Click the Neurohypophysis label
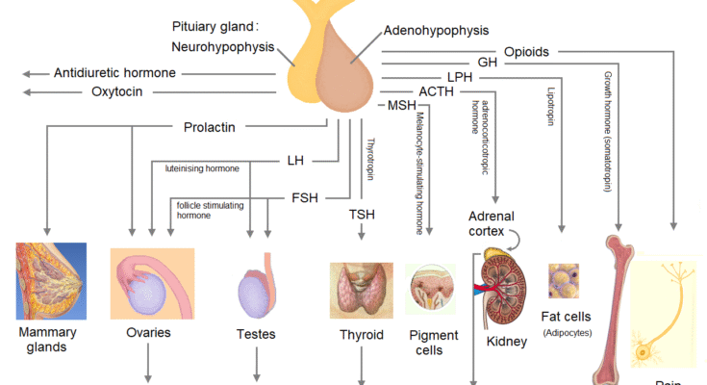pos(223,45)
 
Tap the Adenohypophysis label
pos(436,31)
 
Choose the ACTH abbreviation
pos(409,91)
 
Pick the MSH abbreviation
pos(400,105)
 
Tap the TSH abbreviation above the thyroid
pos(362,214)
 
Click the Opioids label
pos(526,51)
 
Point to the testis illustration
pos(257,291)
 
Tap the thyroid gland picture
pos(361,290)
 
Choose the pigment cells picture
pos(429,291)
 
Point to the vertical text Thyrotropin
pos(370,160)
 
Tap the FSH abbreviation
pos(304,197)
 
